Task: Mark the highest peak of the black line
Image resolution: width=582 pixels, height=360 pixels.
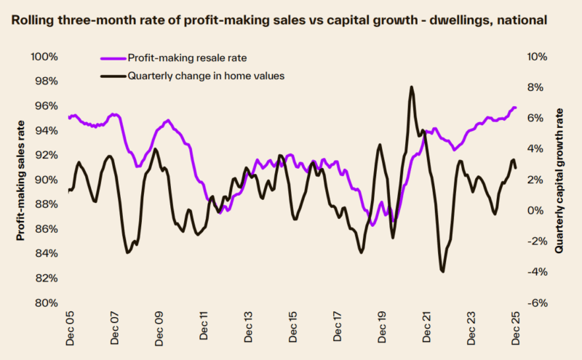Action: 412,87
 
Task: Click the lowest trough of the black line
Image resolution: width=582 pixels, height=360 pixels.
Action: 442,271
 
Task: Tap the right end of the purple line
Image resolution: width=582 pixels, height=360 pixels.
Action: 516,108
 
